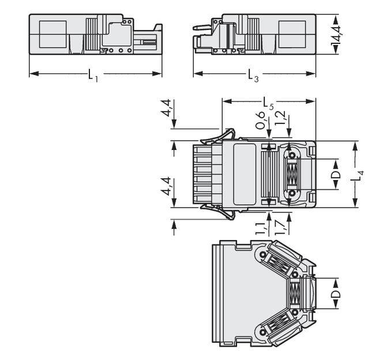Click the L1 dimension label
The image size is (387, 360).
(93, 75)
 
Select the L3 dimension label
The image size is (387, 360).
(253, 75)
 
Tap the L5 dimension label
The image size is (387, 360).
(268, 103)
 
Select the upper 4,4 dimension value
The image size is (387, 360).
(166, 109)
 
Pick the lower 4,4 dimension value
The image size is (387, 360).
(166, 186)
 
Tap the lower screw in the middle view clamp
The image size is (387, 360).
(292, 193)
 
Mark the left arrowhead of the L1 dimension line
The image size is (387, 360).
(32, 73)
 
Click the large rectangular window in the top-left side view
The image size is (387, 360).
(52, 34)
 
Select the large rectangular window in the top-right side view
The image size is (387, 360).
(293, 34)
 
